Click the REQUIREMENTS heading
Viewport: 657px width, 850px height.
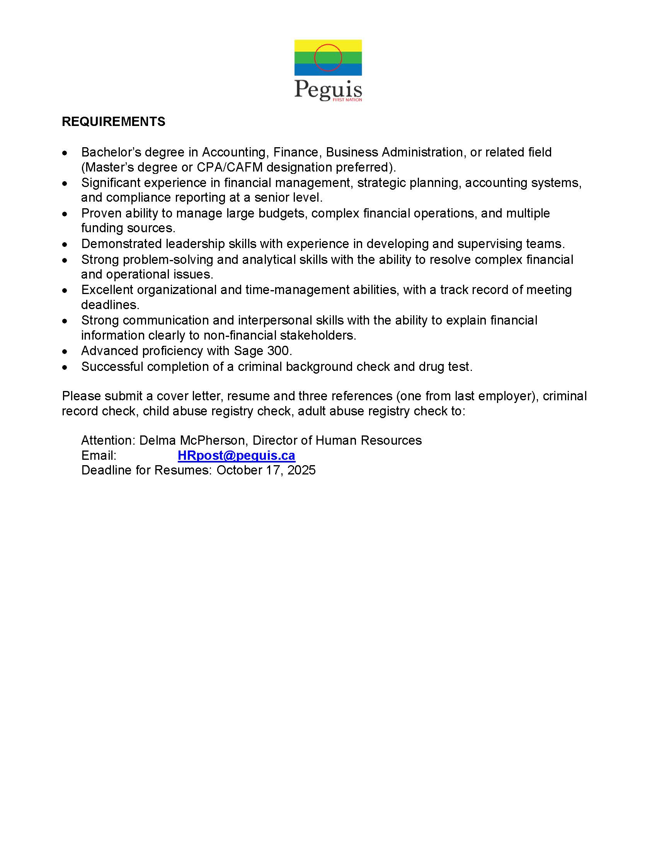113,122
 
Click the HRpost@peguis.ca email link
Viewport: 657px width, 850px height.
236,456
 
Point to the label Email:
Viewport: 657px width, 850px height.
99,456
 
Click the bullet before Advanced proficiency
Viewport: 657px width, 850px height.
65,352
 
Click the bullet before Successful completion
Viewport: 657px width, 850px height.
65,367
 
